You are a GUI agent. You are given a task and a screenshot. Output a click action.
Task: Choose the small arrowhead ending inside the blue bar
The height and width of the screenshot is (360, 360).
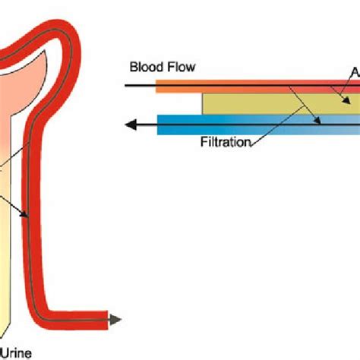point(323,122)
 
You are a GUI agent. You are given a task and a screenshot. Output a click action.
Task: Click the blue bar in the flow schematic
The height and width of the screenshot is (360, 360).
point(251,125)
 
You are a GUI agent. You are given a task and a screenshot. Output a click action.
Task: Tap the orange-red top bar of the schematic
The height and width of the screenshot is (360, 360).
point(251,88)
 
